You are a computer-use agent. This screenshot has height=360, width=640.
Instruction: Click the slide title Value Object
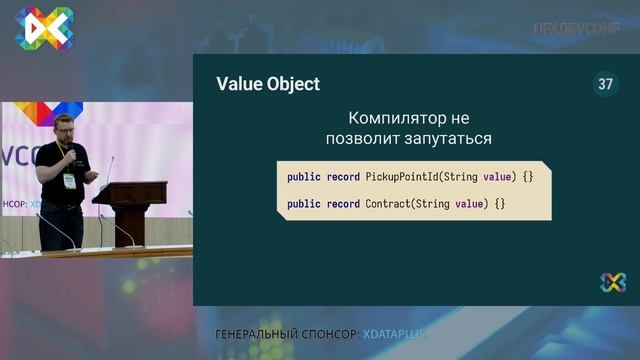(x=268, y=84)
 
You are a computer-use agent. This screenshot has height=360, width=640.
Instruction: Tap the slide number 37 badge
(x=604, y=84)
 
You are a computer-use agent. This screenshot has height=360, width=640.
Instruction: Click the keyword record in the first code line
(x=343, y=177)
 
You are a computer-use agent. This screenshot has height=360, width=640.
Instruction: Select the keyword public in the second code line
(x=304, y=204)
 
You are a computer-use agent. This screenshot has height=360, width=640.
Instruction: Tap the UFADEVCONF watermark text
(x=577, y=29)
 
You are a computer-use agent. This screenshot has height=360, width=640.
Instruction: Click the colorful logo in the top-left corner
(x=43, y=27)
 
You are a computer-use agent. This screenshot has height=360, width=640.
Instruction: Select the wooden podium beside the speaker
(x=130, y=210)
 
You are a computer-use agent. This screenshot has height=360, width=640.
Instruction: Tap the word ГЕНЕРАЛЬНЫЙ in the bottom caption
(x=258, y=333)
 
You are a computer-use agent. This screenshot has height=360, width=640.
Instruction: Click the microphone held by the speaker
(x=69, y=152)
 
